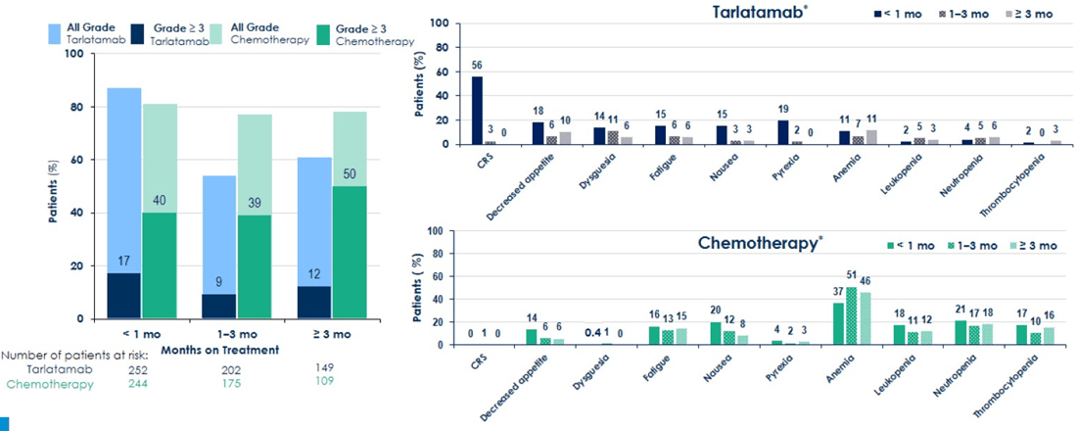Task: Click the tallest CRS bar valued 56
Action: [477, 110]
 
